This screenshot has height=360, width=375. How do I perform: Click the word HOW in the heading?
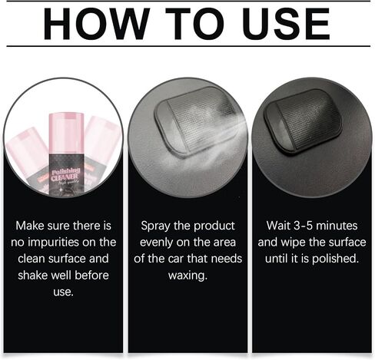tap(97, 24)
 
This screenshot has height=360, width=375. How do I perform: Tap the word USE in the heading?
tap(286, 24)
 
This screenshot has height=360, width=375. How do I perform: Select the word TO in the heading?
tap(195, 24)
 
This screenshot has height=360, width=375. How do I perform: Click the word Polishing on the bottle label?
tap(66, 171)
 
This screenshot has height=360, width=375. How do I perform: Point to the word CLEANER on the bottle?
tap(65, 177)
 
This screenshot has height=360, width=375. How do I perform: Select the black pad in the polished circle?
tap(303, 122)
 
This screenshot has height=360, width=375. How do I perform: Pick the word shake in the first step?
tap(33, 276)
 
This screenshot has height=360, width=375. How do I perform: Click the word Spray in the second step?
tap(155, 226)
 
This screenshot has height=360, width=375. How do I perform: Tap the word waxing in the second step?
tap(187, 276)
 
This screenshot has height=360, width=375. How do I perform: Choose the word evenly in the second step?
tap(156, 243)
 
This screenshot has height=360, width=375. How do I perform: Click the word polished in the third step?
tap(335, 259)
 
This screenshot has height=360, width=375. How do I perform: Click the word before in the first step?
tap(91, 276)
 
